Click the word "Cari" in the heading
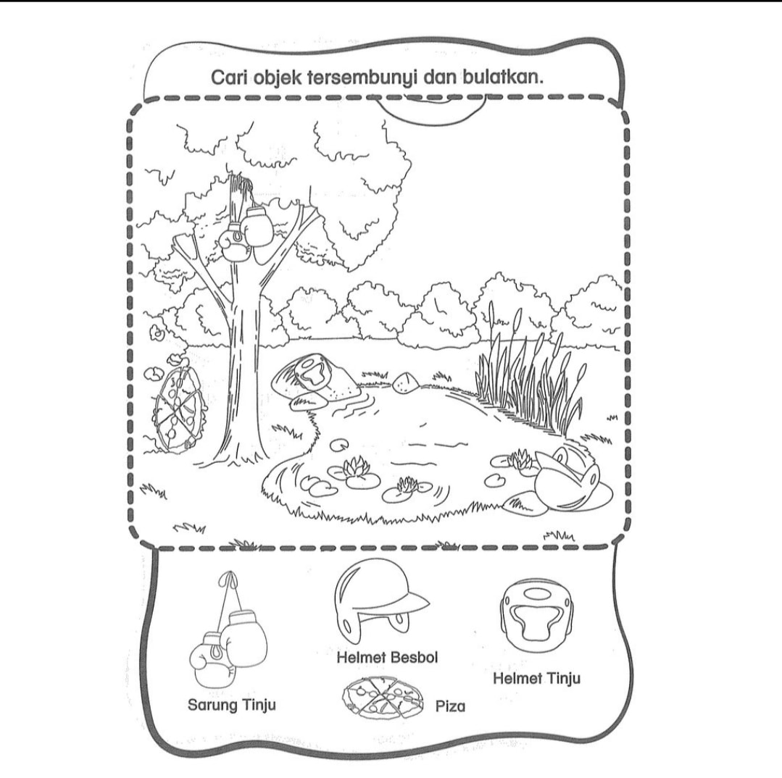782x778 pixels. (x=228, y=78)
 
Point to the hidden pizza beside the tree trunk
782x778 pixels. (x=178, y=406)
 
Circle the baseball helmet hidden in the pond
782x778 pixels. (x=567, y=481)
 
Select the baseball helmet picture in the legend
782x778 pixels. (x=381, y=600)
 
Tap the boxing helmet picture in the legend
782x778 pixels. (x=536, y=616)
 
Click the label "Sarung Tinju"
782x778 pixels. (x=231, y=706)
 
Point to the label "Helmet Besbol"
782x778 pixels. (x=387, y=657)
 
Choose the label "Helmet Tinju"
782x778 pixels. (x=536, y=678)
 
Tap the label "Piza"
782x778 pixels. (x=450, y=706)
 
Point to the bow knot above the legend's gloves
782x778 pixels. (x=228, y=578)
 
